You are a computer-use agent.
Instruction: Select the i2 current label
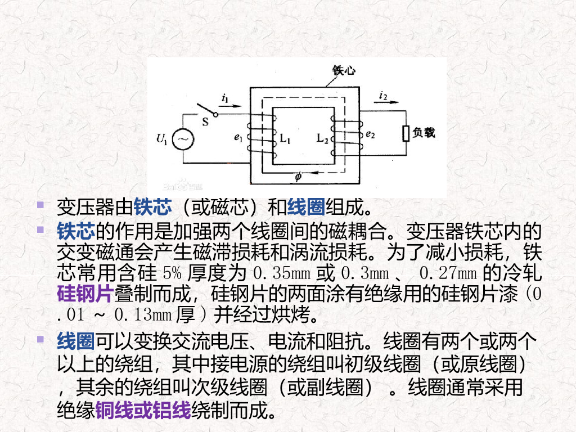coord(384,95)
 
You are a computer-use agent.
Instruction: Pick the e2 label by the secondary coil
coord(370,134)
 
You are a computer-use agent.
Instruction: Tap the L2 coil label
coord(322,138)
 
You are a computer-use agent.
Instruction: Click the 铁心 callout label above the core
coord(344,70)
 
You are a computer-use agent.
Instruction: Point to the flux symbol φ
coord(298,178)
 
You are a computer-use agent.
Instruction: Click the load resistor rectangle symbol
coord(406,134)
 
